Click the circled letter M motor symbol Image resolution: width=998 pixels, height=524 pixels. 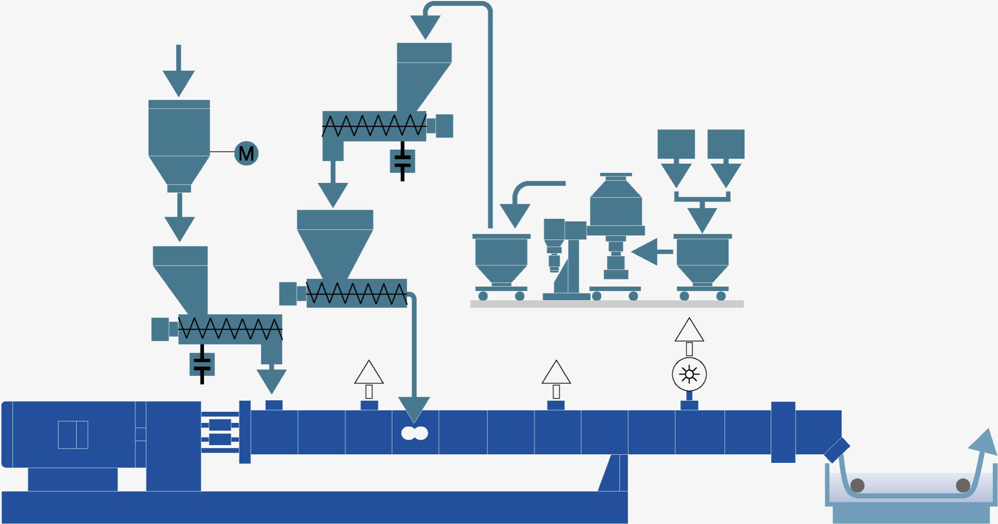click(246, 153)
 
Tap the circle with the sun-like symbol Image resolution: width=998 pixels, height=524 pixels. click(689, 374)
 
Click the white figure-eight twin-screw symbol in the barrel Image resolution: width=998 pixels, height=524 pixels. click(414, 433)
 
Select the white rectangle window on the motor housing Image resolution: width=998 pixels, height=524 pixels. click(73, 435)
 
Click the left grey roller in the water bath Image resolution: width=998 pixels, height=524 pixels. click(857, 485)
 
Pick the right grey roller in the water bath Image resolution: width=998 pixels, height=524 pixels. click(963, 485)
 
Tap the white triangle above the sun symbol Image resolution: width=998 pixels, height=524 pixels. click(689, 330)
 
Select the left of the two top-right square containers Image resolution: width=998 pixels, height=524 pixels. click(676, 144)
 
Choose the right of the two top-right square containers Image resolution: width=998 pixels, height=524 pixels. click(726, 144)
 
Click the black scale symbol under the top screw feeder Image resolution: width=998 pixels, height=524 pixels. click(403, 161)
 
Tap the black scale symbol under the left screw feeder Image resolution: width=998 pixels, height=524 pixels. click(202, 364)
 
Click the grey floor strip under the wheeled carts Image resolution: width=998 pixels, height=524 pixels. click(607, 304)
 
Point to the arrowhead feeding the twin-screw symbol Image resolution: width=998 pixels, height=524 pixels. click(414, 408)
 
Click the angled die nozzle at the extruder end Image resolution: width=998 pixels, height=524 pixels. click(837, 450)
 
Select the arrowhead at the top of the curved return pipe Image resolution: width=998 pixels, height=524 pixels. click(425, 25)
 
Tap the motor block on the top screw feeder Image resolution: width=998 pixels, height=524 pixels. click(444, 126)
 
